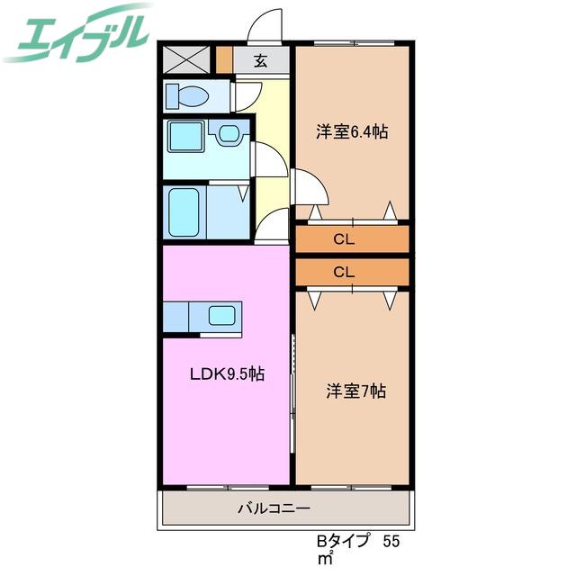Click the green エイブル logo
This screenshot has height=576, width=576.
point(77,33)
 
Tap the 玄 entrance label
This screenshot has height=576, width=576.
point(260,60)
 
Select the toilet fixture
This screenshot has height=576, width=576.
point(187,96)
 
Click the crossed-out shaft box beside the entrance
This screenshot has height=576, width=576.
point(186,59)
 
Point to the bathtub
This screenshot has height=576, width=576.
point(184,212)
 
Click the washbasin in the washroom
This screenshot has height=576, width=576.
point(229,132)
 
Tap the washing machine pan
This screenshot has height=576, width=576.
point(186,136)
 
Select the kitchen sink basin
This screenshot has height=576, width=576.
point(222,316)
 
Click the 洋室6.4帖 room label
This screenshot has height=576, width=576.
point(352,132)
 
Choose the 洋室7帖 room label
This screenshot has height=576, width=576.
point(355,391)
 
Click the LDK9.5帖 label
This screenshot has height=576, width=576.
point(227,374)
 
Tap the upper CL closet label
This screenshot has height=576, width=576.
point(344,239)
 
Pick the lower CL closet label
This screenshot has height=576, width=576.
point(344,272)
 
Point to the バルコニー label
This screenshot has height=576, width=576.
point(274,508)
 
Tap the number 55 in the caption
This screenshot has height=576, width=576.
point(391,542)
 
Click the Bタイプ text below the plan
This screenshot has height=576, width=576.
point(343,542)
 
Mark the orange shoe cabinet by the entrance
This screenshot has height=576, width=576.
point(224,59)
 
